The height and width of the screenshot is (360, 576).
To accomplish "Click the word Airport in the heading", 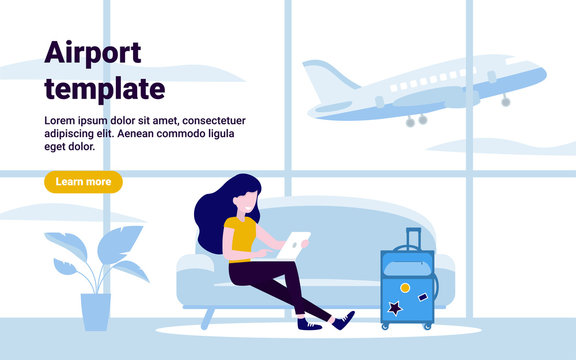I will [93, 53].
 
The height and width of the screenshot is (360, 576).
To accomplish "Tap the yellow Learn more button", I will [83, 182].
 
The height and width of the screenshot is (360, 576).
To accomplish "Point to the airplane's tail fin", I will [324, 80].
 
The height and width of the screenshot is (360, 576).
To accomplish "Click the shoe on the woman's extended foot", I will [343, 320].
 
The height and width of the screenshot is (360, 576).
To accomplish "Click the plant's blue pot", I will [95, 311].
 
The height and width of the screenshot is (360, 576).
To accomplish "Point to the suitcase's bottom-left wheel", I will [385, 326].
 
